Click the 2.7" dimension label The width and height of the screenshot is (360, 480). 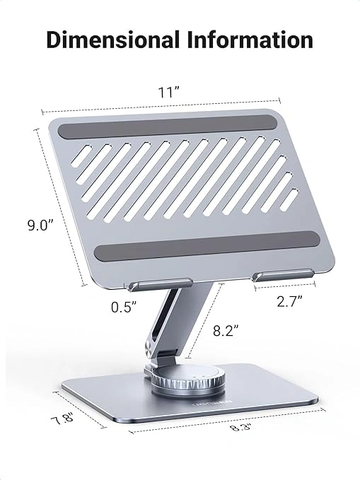[x=289, y=300]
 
